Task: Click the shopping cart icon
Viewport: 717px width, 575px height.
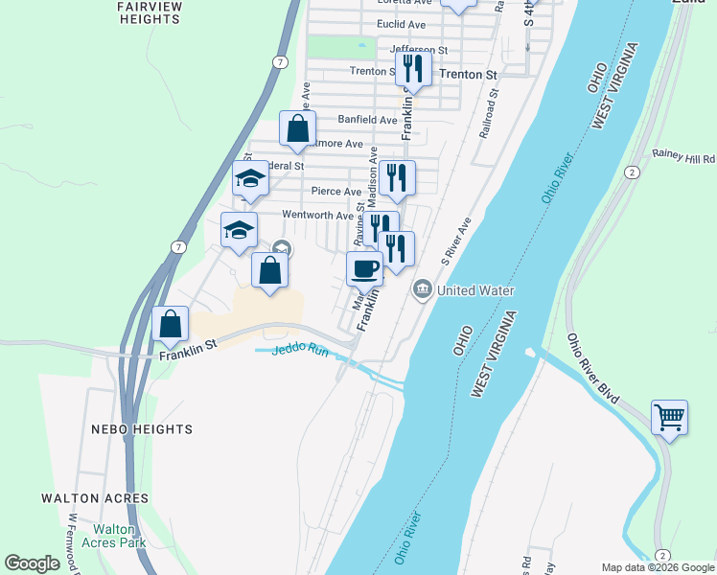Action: pos(669,417)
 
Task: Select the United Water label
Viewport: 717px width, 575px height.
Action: pos(475,290)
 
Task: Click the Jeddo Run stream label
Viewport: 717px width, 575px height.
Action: pos(300,352)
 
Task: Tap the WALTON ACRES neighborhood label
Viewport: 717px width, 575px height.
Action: pos(95,498)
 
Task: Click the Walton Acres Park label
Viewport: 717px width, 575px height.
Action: pos(119,536)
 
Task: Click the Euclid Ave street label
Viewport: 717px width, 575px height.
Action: pos(402,24)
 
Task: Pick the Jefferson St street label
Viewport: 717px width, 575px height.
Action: pos(419,49)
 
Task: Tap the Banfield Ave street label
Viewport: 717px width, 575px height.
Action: pos(367,120)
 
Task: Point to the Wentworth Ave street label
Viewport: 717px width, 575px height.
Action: pos(317,216)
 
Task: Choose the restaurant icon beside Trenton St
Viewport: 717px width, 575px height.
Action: pos(413,67)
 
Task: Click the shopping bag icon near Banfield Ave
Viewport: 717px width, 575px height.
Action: pos(298,127)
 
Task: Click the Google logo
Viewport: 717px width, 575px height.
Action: pos(33,563)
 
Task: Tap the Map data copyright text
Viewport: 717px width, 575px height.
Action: pos(657,567)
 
